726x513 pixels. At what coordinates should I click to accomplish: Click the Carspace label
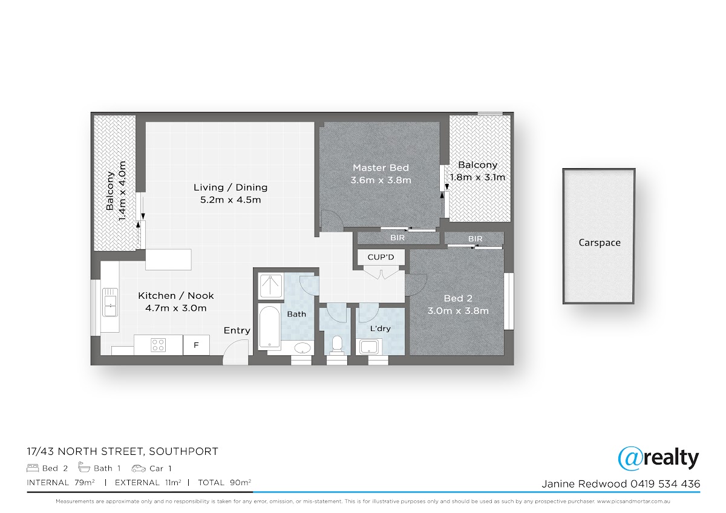pos(600,243)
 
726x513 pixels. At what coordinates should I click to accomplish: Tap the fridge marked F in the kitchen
pos(196,345)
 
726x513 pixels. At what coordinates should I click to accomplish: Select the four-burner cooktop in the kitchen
pos(158,345)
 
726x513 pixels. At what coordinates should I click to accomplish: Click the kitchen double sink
pos(110,302)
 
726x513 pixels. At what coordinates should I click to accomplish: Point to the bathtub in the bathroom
pos(270,327)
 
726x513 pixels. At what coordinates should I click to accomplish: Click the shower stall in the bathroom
pos(271,286)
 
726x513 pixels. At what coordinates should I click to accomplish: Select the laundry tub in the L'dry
pos(368,347)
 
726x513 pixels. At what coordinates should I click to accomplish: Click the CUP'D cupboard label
pos(381,257)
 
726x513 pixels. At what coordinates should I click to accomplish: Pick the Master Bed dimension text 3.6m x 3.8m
pos(381,180)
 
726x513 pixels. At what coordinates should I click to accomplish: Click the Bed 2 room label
pos(458,298)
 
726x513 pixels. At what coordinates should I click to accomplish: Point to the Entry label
pos(237,330)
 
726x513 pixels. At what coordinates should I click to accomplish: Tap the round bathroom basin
pos(302,348)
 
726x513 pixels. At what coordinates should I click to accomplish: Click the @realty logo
pos(658,458)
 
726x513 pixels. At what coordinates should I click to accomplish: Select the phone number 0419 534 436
pos(665,484)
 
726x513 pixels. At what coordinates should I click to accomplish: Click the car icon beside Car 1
pos(139,468)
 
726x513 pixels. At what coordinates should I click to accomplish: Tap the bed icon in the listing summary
pos(33,468)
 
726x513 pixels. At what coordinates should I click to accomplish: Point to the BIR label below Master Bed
pos(397,238)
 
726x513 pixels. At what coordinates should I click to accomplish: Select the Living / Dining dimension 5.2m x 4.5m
pos(231,200)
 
